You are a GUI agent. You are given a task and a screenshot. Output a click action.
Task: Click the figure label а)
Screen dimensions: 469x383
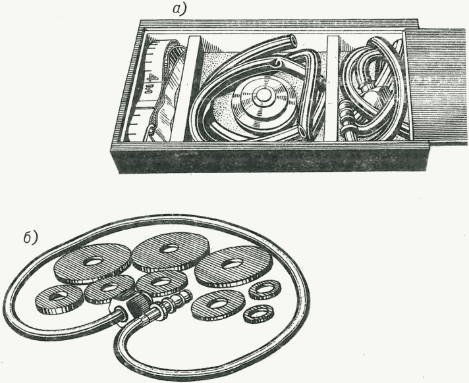coord(179,10)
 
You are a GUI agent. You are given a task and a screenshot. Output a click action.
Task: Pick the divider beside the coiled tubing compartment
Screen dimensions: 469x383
coord(332,88)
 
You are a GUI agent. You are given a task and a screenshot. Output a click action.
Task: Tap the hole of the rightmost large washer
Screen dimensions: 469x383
coord(231,264)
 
